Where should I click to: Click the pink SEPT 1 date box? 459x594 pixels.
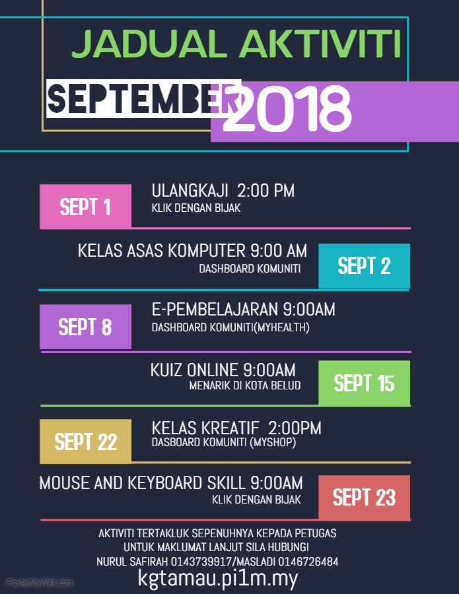click(85, 207)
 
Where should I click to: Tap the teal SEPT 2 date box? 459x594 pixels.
click(364, 265)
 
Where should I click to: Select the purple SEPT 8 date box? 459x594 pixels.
click(85, 327)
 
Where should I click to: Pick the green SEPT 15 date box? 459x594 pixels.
click(364, 383)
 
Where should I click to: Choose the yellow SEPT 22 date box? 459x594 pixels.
click(85, 442)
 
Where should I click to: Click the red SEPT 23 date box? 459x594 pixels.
click(364, 497)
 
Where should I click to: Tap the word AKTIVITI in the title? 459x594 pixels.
click(321, 45)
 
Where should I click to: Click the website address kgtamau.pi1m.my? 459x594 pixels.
click(218, 578)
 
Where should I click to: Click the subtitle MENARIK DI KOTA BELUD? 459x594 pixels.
click(244, 385)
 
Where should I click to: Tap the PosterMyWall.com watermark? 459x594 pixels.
click(40, 583)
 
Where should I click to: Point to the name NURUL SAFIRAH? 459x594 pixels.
click(132, 562)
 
